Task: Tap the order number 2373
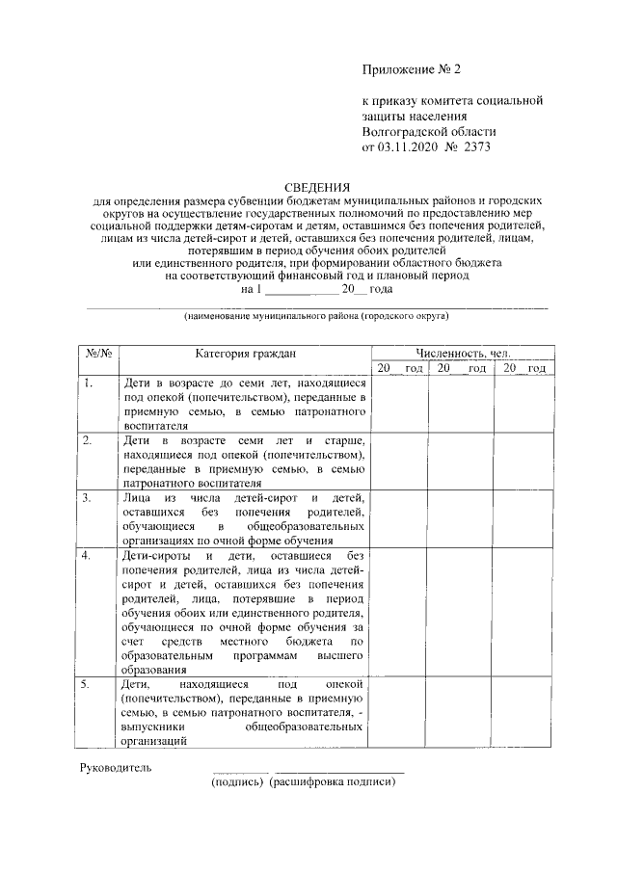[476, 148]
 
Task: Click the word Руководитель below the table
[116, 768]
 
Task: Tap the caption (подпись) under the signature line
[238, 782]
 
